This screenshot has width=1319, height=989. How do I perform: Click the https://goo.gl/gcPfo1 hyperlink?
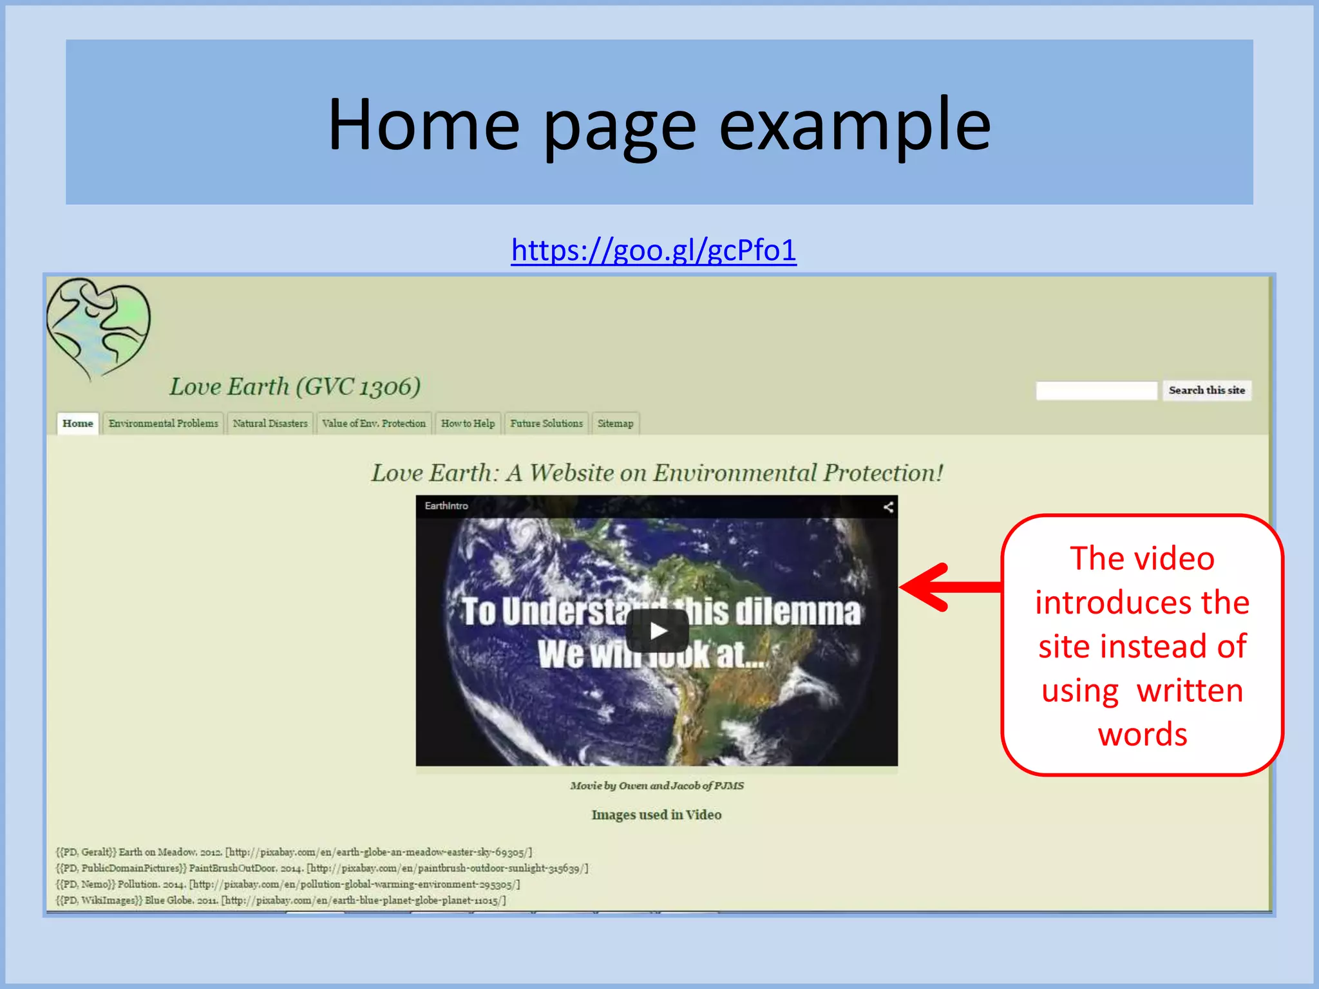pos(653,250)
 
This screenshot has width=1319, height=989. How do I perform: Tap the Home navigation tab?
pos(78,424)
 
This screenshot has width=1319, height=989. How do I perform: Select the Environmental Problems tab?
pos(163,424)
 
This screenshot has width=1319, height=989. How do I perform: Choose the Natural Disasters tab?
pos(270,424)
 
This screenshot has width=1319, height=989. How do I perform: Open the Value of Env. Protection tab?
pos(374,424)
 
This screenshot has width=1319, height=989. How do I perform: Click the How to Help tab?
pos(468,424)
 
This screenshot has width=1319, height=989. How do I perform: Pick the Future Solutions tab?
pos(546,424)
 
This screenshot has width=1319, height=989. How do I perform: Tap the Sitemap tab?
pos(615,424)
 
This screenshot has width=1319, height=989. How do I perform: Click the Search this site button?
pos(1206,390)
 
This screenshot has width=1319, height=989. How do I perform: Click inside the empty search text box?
pos(1096,390)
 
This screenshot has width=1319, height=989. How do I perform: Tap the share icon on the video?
pos(888,507)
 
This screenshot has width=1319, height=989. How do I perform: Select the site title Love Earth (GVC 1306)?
pos(295,387)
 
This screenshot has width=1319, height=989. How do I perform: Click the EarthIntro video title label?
pos(446,506)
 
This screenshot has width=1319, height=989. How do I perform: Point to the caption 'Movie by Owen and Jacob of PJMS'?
pos(656,786)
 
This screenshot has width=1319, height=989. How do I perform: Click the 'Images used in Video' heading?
pos(656,815)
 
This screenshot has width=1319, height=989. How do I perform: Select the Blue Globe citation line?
pos(281,900)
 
